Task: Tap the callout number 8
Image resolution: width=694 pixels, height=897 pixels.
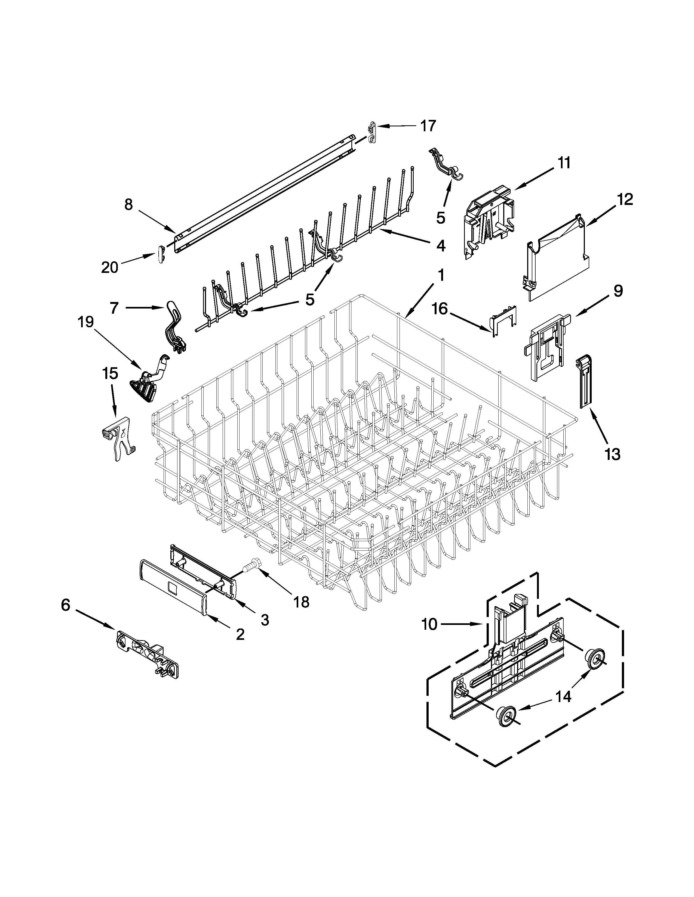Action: pyautogui.click(x=129, y=204)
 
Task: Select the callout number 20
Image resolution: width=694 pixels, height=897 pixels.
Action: pyautogui.click(x=110, y=267)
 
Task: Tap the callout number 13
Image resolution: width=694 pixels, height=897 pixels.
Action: pyautogui.click(x=613, y=454)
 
